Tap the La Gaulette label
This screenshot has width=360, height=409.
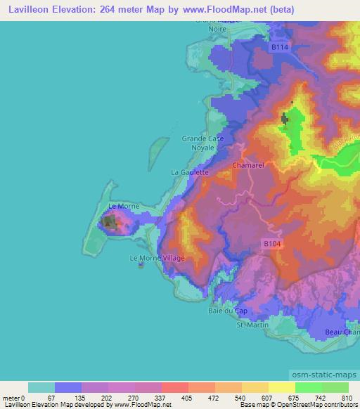pyautogui.click(x=190, y=171)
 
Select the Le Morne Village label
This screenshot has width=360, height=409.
pyautogui.click(x=157, y=259)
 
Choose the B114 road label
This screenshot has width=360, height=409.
pyautogui.click(x=280, y=47)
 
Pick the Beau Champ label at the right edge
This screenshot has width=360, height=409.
pyautogui.click(x=343, y=330)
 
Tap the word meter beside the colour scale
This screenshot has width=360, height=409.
pyautogui.click(x=11, y=397)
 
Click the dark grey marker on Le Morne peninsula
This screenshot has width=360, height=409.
pyautogui.click(x=110, y=223)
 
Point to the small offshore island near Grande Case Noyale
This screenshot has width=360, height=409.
pyautogui.click(x=159, y=148)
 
